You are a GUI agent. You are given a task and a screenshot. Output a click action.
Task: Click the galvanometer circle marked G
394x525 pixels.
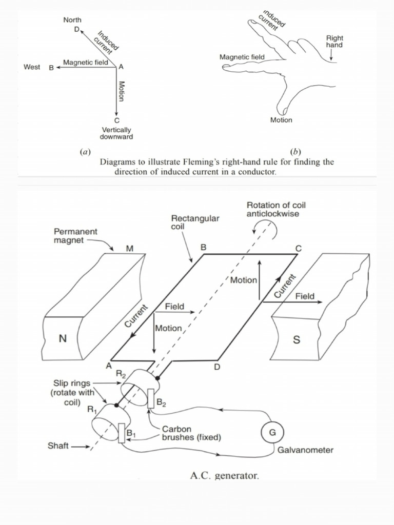pyautogui.click(x=272, y=432)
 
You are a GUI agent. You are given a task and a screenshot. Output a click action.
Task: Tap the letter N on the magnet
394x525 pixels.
pyautogui.click(x=62, y=339)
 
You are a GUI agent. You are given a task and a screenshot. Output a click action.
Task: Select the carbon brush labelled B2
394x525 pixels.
pyautogui.click(x=150, y=398)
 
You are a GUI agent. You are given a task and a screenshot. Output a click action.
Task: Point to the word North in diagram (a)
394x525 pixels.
pyautogui.click(x=72, y=19)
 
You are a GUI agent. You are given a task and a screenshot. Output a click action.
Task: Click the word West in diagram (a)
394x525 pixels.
pyautogui.click(x=32, y=67)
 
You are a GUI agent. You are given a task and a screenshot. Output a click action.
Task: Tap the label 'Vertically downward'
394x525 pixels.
pyautogui.click(x=117, y=133)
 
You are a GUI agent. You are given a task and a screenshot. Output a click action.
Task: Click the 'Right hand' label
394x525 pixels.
pyautogui.click(x=334, y=42)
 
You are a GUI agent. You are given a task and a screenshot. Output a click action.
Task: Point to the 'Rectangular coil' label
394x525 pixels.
pyautogui.click(x=194, y=222)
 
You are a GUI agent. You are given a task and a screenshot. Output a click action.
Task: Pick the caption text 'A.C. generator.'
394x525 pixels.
pyautogui.click(x=224, y=476)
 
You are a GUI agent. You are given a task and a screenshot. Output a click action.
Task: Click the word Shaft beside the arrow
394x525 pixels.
pyautogui.click(x=58, y=446)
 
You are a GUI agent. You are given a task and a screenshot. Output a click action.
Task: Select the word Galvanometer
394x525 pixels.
pyautogui.click(x=305, y=450)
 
